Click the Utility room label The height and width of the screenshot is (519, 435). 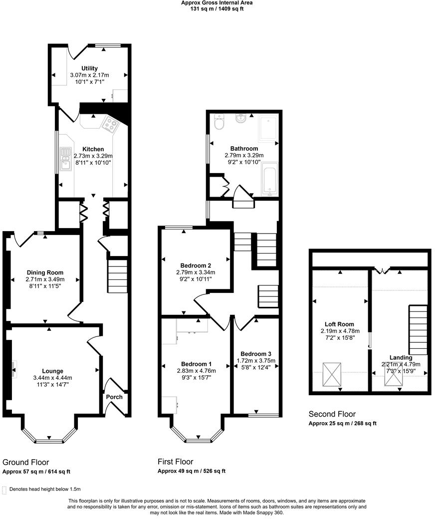click(x=90, y=68)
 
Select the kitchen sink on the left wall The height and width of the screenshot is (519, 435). click(x=65, y=159)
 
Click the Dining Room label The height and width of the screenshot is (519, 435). click(x=45, y=272)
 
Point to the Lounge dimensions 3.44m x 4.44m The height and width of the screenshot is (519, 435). click(x=52, y=378)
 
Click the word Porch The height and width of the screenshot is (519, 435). click(x=114, y=397)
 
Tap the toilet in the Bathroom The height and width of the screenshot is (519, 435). click(x=219, y=122)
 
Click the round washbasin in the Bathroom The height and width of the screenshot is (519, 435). click(x=241, y=119)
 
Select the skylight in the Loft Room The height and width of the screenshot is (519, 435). click(x=330, y=375)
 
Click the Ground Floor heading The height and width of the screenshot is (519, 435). click(x=26, y=462)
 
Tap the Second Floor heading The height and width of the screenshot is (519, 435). click(x=332, y=414)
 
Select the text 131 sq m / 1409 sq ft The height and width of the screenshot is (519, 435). click(x=217, y=8)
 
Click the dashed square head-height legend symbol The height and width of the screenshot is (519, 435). click(x=4, y=490)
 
